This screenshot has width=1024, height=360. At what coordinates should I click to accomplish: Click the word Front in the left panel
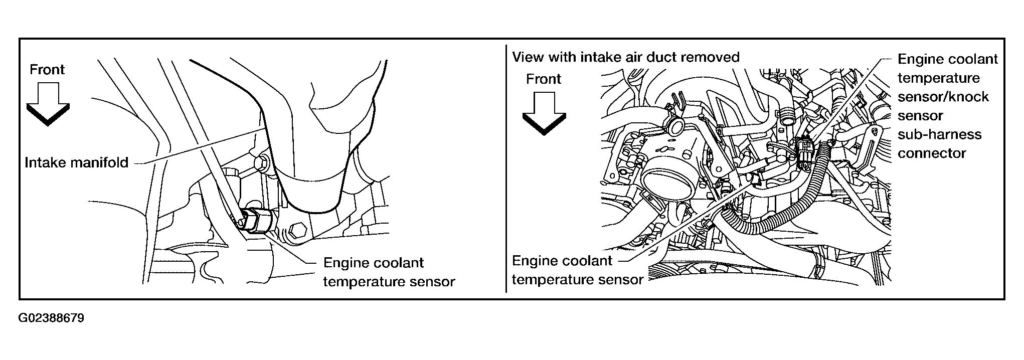click(47, 69)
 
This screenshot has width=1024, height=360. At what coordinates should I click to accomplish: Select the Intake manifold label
click(77, 162)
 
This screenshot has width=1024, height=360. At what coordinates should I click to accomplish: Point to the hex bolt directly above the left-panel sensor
click(261, 163)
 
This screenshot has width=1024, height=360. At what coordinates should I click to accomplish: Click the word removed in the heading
click(714, 57)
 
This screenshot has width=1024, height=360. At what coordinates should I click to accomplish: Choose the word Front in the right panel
click(544, 79)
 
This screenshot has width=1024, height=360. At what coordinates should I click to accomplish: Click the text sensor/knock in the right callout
click(943, 97)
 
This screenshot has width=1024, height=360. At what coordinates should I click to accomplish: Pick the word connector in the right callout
click(932, 153)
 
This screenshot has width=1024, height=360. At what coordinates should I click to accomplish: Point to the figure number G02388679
click(51, 318)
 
